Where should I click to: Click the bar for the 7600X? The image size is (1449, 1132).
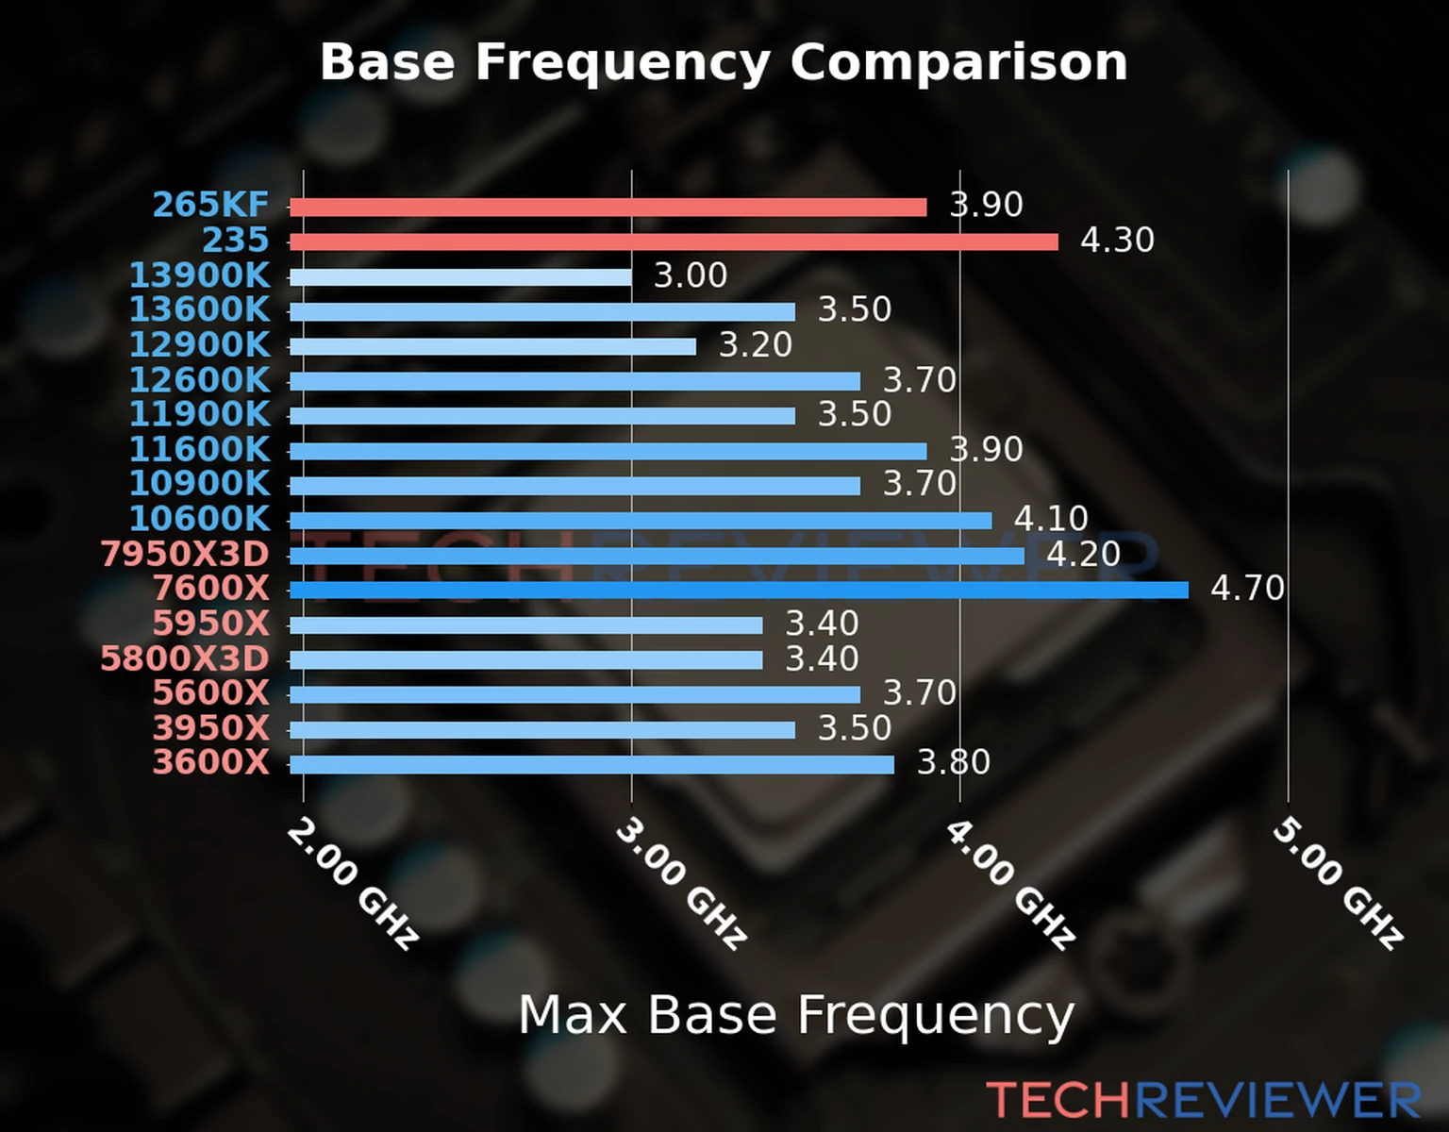click(739, 591)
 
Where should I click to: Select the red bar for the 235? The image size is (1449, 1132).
click(674, 241)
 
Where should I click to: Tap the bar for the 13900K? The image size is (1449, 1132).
click(460, 277)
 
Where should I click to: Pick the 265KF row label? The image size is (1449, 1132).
click(210, 205)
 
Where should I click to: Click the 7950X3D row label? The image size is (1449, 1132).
click(185, 555)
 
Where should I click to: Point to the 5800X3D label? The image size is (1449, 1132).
click(185, 658)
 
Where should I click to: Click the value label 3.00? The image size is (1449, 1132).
click(691, 276)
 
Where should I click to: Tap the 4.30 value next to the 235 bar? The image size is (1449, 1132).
click(1117, 241)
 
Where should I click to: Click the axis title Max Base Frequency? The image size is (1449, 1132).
click(796, 1016)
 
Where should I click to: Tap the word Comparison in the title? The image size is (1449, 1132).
click(958, 63)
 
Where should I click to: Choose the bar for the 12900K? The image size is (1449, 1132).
click(492, 347)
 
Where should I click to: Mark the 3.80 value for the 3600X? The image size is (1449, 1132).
click(954, 762)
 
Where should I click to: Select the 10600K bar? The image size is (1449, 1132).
click(641, 521)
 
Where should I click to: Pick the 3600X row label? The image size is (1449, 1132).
click(210, 762)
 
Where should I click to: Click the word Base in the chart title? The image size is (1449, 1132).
click(387, 63)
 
